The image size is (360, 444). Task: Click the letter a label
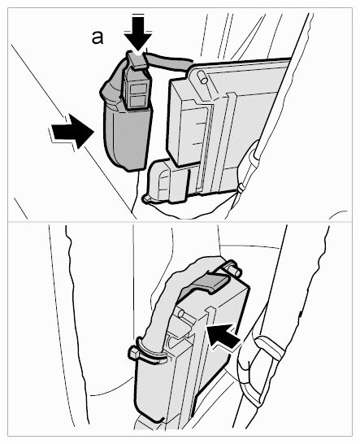[97, 38]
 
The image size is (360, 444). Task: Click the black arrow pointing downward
[138, 33]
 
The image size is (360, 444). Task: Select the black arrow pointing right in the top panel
[72, 131]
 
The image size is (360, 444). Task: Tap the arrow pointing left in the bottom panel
[223, 337]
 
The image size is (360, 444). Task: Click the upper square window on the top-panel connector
[137, 90]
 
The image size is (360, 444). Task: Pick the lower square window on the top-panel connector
[137, 102]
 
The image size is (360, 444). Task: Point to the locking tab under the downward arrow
[137, 59]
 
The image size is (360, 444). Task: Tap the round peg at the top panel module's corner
[203, 77]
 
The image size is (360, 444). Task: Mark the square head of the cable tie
[134, 353]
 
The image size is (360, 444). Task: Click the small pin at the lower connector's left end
[146, 198]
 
